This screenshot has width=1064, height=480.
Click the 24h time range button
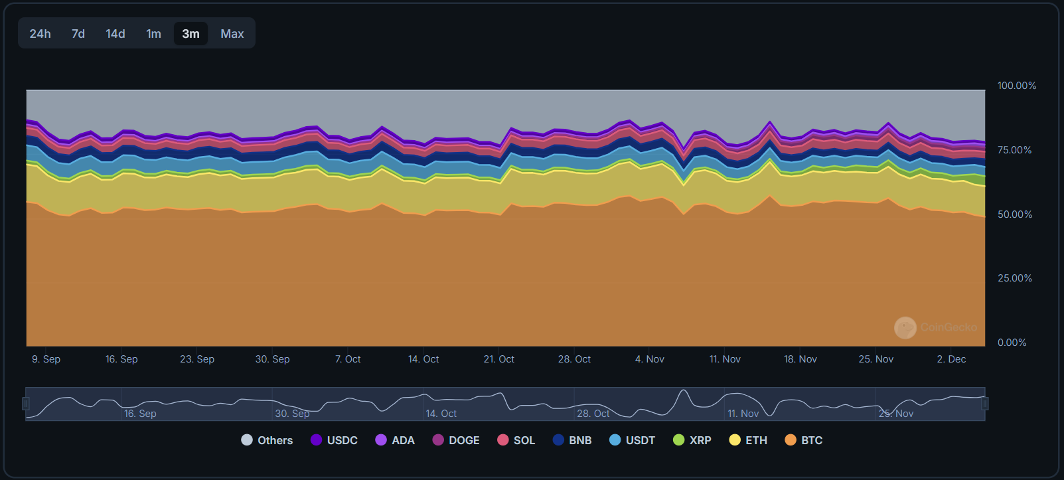[x=40, y=34]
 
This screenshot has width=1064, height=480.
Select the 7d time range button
[x=78, y=34]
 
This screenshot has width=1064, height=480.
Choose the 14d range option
[x=115, y=34]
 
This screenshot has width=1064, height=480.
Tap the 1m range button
[x=153, y=34]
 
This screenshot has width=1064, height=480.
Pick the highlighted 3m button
[x=190, y=34]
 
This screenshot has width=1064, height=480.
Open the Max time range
[x=232, y=34]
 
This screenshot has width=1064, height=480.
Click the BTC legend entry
[x=804, y=440]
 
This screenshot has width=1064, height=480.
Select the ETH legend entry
[x=748, y=440]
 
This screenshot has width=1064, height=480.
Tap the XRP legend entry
[x=692, y=440]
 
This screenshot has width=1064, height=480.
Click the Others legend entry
[x=267, y=440]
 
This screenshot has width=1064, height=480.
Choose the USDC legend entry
[x=334, y=440]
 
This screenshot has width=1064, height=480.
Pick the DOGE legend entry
[x=456, y=440]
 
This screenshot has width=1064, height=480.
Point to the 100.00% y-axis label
[x=1016, y=86]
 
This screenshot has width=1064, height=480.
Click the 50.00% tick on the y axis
[x=1015, y=214]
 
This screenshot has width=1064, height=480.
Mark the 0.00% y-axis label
[x=1012, y=343]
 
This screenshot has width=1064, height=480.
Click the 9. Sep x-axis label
[x=46, y=359]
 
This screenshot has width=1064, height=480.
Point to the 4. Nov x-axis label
[x=650, y=359]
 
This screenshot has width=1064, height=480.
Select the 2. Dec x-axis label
[x=951, y=359]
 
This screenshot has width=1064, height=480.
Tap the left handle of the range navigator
[x=26, y=404]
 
